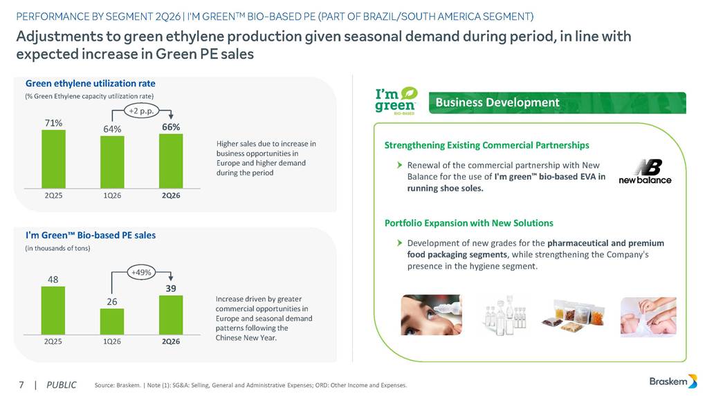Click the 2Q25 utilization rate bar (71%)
pos(53,159)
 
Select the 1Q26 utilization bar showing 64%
pos(112,162)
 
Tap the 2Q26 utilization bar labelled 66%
pos(171,161)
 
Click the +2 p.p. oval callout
pos(141,111)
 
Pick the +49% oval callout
pos(141,272)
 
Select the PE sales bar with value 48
pos(53,311)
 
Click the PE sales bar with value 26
pos(112,321)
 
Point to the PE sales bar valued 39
pos(171,315)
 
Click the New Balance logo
pos(646,171)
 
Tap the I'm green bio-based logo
pos(396,101)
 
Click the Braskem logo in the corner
pos(673,381)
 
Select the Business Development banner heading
pos(497,102)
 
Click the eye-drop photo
pos(431,314)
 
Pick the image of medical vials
pos(505,315)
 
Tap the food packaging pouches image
pos(574,315)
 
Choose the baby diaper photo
pos(648,317)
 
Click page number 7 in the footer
pos(21,385)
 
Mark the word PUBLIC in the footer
pos(62,385)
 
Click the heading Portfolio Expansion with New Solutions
pos(469,223)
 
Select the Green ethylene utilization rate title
pos(91,84)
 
